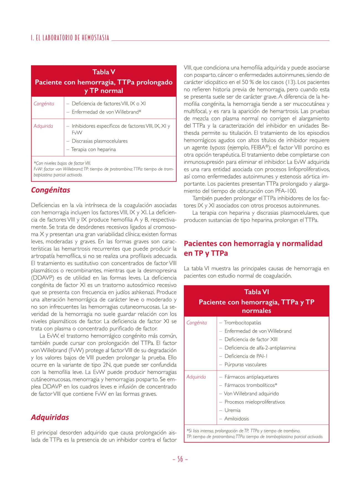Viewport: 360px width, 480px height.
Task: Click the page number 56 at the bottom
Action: click(x=180, y=459)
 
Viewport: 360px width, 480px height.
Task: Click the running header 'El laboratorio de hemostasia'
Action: click(x=70, y=38)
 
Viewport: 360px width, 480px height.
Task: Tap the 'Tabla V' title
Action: click(x=104, y=72)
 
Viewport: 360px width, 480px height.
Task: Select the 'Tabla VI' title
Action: click(x=256, y=292)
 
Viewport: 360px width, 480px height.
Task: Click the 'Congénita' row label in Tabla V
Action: click(x=44, y=104)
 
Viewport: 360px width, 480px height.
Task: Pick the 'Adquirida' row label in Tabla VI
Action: click(x=196, y=377)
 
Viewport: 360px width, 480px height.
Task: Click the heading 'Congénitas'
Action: click(x=51, y=190)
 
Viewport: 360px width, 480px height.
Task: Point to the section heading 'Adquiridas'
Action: click(x=50, y=417)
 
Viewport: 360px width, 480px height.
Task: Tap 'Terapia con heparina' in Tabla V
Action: click(x=93, y=149)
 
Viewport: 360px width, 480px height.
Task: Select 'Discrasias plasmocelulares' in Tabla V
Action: click(x=99, y=141)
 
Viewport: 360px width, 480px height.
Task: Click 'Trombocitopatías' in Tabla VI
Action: click(x=242, y=323)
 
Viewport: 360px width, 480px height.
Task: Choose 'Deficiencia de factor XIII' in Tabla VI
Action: click(x=251, y=339)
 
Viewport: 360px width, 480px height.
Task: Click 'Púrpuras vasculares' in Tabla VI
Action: click(x=245, y=365)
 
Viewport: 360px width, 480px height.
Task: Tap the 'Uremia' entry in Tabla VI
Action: click(x=232, y=410)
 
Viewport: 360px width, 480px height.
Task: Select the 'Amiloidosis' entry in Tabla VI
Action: click(x=236, y=419)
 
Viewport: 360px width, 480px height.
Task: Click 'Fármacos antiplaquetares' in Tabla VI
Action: click(x=251, y=377)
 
